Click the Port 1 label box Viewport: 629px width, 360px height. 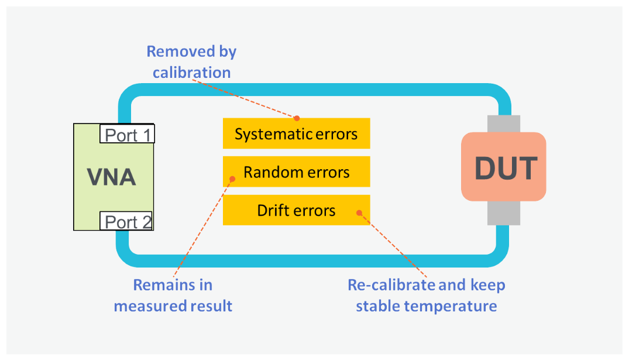[128, 135]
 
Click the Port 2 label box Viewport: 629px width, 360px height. [128, 222]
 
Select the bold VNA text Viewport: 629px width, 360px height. [111, 176]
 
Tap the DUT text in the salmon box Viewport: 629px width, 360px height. [505, 168]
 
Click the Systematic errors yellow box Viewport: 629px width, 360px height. [296, 134]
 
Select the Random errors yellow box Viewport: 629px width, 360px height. [296, 172]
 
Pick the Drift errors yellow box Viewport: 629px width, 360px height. [296, 210]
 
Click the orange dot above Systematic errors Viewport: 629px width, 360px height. [297, 118]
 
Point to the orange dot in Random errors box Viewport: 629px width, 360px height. [232, 179]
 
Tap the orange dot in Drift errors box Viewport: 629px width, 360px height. [359, 213]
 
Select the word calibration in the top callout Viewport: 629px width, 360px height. [192, 73]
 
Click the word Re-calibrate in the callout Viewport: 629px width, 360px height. [391, 285]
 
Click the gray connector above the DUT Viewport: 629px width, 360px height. [503, 124]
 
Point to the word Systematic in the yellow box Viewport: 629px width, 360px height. [270, 134]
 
